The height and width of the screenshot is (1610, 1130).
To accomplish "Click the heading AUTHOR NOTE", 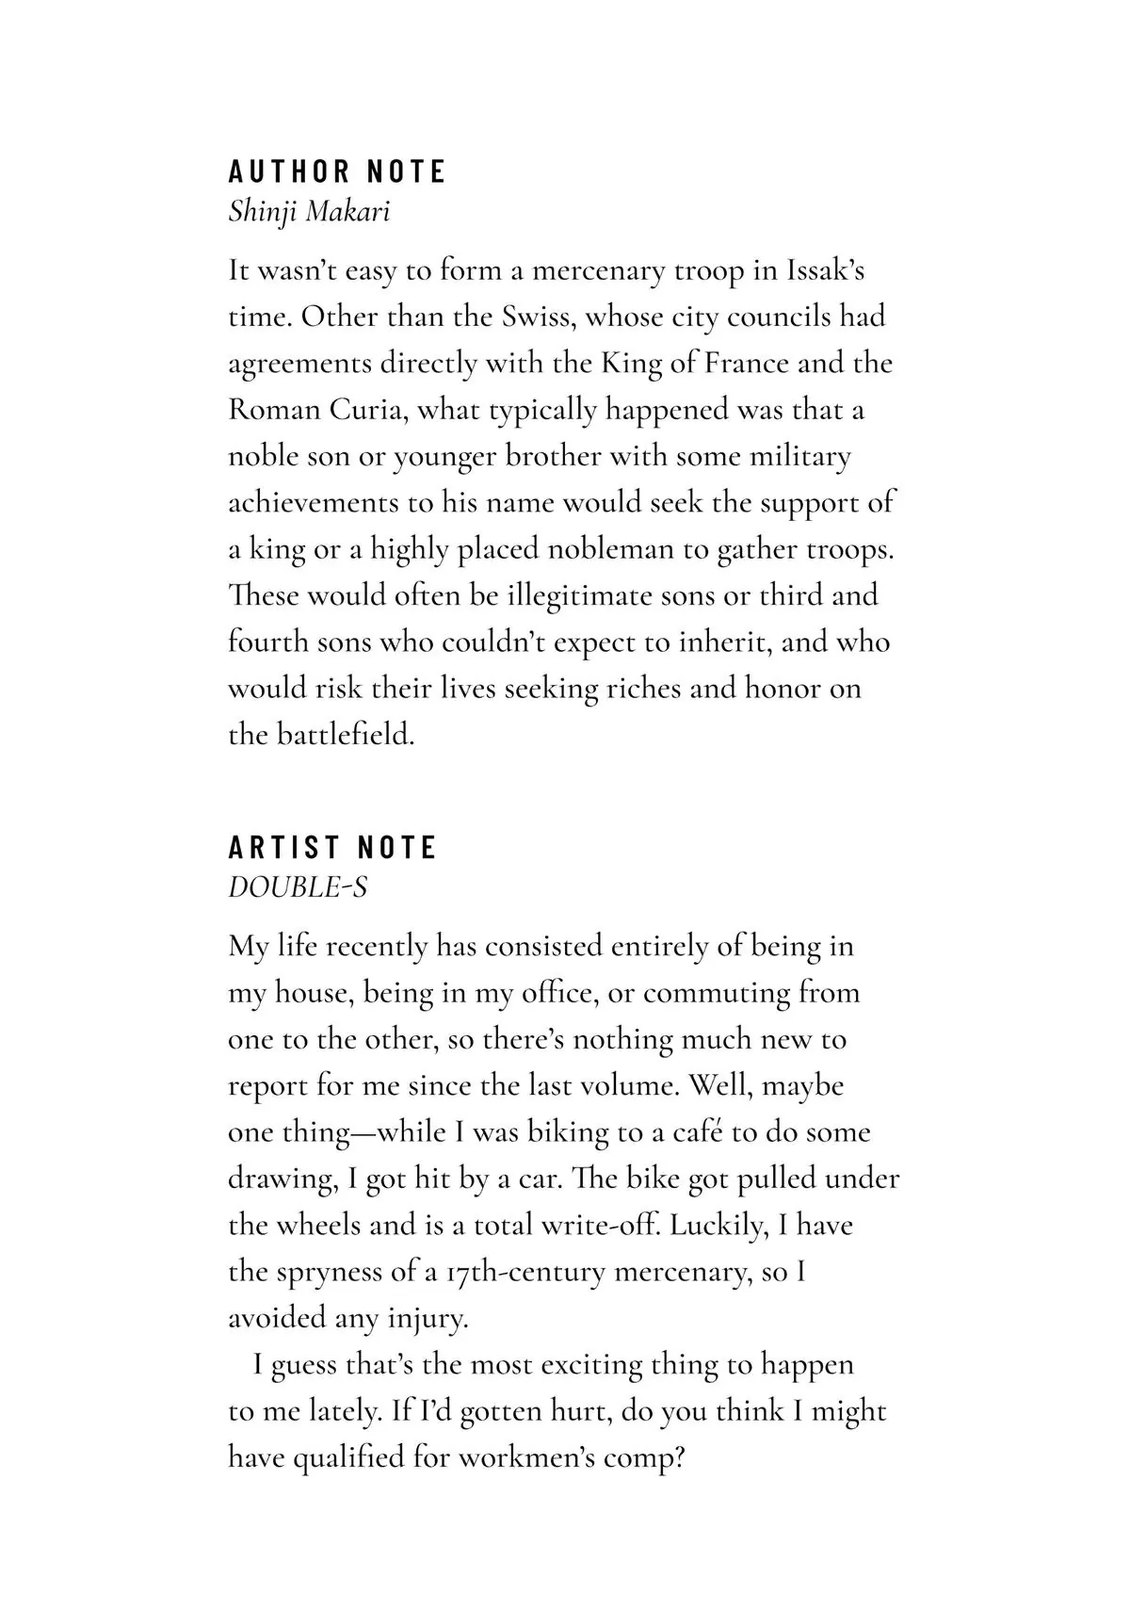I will coord(337,171).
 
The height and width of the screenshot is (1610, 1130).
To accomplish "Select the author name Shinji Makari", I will coord(309,211).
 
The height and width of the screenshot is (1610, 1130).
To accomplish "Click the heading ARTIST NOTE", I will coord(332,847).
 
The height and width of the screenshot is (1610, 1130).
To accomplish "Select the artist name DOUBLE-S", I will coord(298,886).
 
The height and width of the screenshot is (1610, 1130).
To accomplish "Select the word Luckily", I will coord(719,1226).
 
